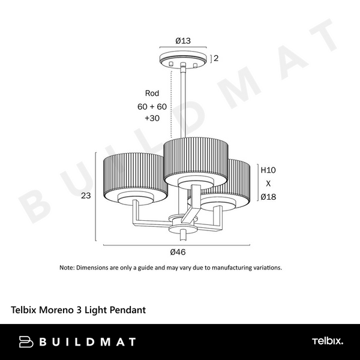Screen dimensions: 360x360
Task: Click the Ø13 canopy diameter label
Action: (183, 41)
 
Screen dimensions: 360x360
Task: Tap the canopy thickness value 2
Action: (216, 58)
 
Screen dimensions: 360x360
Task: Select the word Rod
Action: (152, 93)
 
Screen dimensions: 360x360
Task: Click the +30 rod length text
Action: (152, 118)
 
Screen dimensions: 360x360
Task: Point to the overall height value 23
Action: (86, 196)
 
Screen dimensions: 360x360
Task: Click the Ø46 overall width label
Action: (178, 252)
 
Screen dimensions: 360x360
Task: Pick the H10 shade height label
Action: (268, 170)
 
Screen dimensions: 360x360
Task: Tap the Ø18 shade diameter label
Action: (268, 197)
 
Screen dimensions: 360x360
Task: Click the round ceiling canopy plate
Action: (183, 59)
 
